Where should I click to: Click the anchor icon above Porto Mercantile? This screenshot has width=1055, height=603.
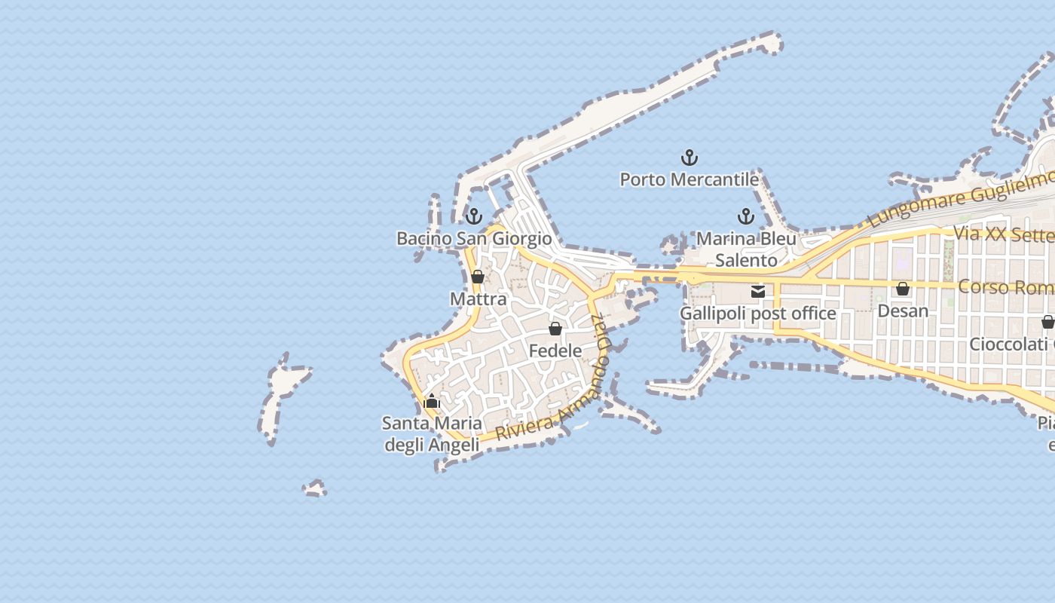[x=689, y=158]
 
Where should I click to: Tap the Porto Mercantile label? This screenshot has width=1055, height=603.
[x=689, y=180]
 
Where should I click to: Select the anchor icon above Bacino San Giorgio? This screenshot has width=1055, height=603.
[x=473, y=217]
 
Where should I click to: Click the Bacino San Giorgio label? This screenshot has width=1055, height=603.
[x=474, y=239]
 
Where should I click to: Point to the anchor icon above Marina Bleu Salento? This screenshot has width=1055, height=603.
[x=745, y=217]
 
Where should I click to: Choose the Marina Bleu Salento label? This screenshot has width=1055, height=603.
[x=746, y=249]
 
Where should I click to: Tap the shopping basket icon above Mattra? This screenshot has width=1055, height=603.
[x=478, y=277]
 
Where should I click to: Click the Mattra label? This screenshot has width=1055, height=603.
[x=478, y=299]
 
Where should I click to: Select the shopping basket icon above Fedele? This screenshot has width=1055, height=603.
[x=555, y=329]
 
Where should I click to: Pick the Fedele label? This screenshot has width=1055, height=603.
[x=555, y=350]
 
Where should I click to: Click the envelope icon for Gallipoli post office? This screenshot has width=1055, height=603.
[x=758, y=292]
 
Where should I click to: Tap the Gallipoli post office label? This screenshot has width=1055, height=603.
[x=758, y=314]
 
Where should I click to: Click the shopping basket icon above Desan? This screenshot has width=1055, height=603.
[x=903, y=289]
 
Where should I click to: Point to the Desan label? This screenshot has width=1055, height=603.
[x=903, y=311]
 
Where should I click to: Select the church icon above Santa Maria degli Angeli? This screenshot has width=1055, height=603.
[x=432, y=402]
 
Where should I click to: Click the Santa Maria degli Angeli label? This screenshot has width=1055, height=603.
[x=432, y=434]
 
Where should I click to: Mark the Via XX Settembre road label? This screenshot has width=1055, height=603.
[x=1003, y=234]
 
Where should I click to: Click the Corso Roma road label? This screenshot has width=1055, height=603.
[x=1005, y=288]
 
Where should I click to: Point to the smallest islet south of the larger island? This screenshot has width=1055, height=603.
[x=315, y=489]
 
